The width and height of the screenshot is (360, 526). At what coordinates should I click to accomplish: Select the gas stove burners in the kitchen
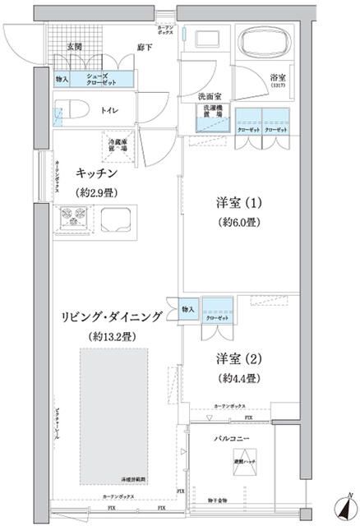(71, 219)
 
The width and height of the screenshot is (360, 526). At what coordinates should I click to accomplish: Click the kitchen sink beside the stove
(115, 219)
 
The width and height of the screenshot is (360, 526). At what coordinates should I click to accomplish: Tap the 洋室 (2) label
(239, 359)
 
